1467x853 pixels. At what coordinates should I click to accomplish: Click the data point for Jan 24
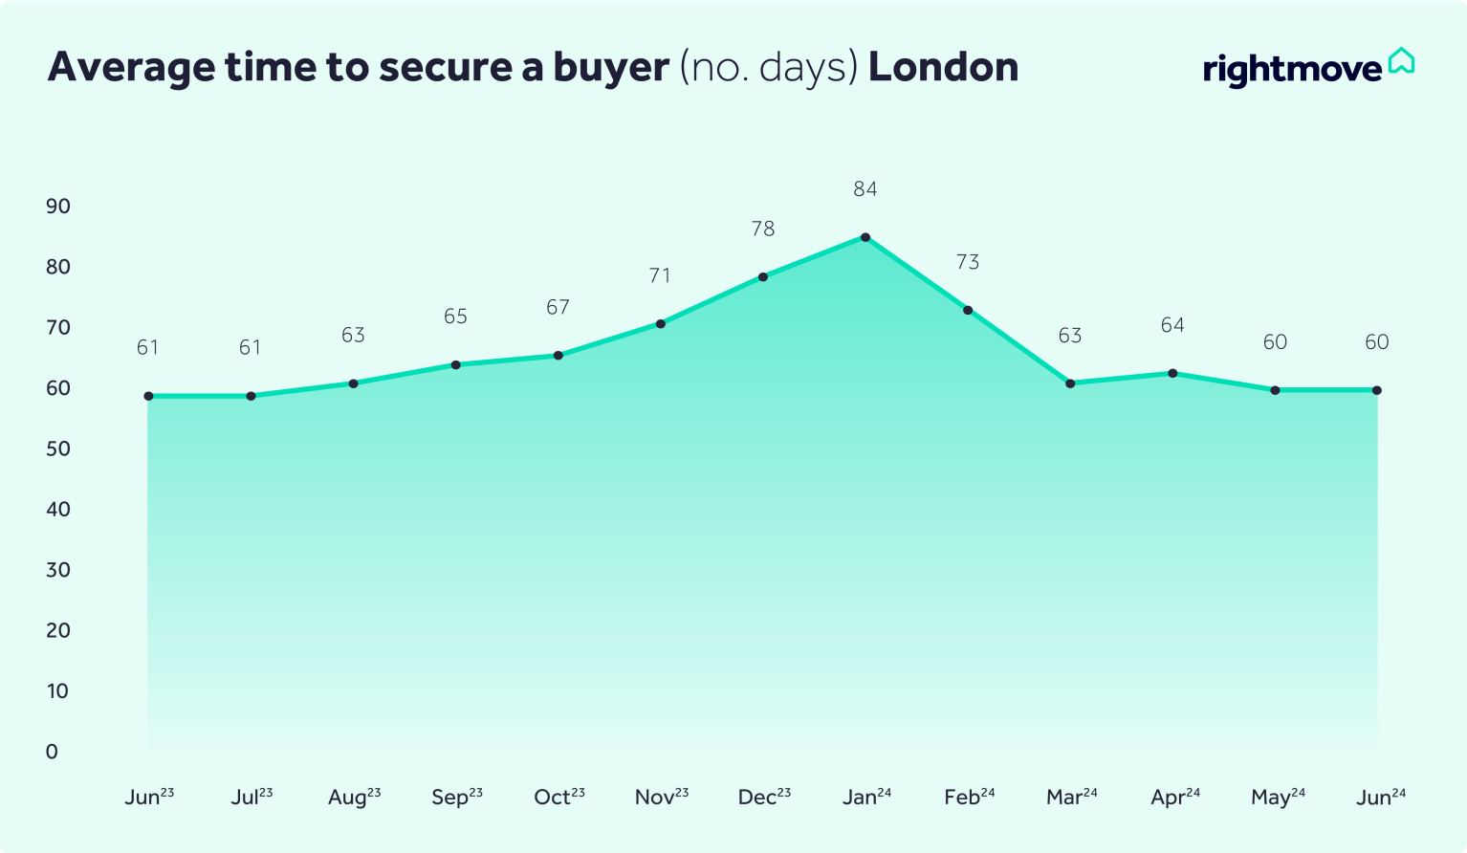coord(865,237)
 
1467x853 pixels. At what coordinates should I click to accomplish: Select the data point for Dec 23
coord(763,277)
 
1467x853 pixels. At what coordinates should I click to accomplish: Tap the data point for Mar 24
coord(1070,383)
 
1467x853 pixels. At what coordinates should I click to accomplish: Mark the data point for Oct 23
coord(558,356)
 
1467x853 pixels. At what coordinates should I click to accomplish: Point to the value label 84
coord(865,189)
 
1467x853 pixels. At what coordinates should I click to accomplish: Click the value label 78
coord(763,229)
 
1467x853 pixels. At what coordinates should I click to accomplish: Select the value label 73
coord(968,262)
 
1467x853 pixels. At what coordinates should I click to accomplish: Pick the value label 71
coord(660,276)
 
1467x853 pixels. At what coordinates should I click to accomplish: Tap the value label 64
coord(1172,325)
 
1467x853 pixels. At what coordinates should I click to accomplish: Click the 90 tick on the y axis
coord(58,207)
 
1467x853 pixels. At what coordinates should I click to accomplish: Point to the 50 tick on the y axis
coord(58,448)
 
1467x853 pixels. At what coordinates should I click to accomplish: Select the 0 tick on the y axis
coord(52,752)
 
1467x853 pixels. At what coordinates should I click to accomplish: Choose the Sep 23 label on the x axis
coord(457,797)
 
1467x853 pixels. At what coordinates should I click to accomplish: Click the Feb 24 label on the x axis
coord(969,797)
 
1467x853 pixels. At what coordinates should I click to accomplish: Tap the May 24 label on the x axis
coord(1278,797)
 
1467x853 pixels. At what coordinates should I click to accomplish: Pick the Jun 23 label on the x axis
coord(149,797)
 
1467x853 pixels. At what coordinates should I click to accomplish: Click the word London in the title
coord(943,67)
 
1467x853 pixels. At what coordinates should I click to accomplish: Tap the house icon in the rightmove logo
coord(1401,61)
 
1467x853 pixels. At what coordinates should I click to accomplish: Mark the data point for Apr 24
coord(1172,373)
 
